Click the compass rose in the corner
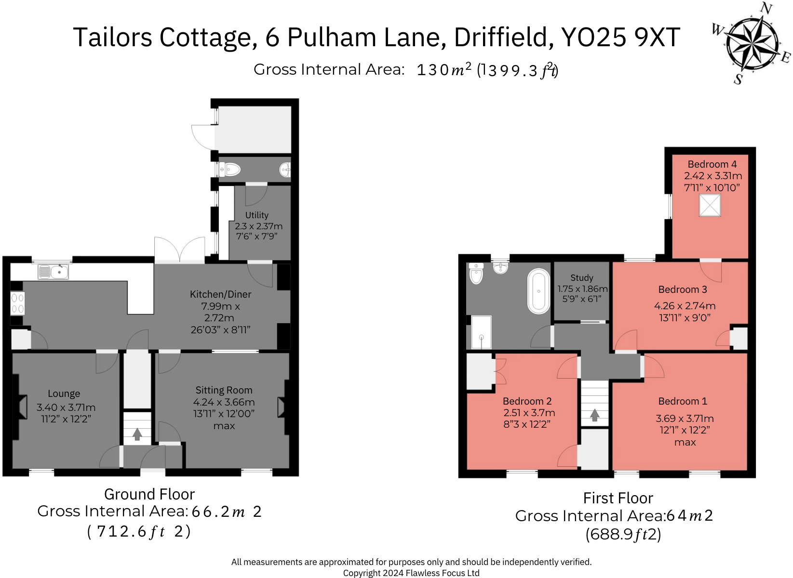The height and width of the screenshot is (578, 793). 752,42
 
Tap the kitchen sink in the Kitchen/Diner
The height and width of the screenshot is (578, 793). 54,272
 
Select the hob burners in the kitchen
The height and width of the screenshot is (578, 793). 17,303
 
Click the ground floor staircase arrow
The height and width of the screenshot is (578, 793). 137,434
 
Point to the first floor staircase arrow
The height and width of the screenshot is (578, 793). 594,415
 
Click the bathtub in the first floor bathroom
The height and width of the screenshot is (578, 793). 539,291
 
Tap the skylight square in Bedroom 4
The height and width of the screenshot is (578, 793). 710,206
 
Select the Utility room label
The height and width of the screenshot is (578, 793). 256,215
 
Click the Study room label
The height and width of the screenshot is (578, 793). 581,278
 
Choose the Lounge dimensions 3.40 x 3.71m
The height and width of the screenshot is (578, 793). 66,407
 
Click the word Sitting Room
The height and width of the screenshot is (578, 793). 224,390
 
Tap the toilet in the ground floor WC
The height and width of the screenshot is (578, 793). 231,170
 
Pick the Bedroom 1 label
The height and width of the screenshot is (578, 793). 683,401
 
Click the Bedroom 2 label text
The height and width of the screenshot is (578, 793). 527,401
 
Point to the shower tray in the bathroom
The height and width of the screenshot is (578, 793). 481,332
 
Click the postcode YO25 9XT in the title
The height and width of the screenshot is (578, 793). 620,38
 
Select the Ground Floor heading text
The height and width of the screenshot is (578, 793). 149,494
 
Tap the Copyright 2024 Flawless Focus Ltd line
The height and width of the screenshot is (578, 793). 411,573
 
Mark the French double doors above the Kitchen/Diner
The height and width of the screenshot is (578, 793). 180,250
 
